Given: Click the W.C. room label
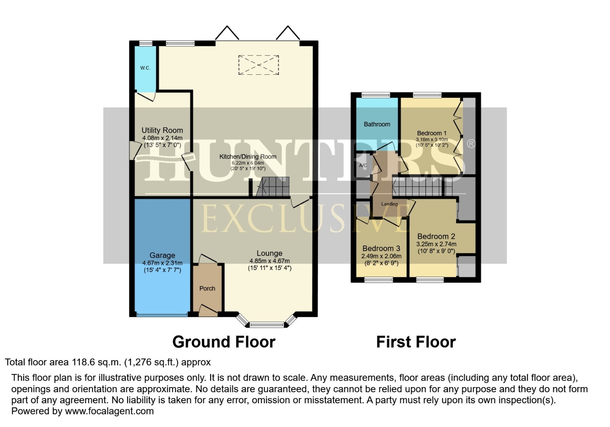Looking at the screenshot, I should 145,68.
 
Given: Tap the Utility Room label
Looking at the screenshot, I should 162,130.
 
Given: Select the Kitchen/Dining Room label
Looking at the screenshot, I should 248,157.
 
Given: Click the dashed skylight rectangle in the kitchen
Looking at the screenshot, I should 258,65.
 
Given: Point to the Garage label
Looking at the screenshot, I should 162,255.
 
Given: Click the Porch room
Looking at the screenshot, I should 207,289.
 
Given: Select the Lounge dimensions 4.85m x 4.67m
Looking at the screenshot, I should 269,261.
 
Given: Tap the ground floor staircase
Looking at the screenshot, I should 273,187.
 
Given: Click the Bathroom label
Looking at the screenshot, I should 377,124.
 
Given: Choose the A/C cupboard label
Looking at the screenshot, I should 363,166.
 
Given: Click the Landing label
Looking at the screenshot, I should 389,204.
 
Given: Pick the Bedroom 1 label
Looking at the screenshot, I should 432,133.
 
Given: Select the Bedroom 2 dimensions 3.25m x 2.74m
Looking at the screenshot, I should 436,244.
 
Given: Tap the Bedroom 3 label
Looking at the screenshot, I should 381,248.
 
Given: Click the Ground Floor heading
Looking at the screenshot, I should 224,342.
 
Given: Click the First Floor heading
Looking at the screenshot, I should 416,342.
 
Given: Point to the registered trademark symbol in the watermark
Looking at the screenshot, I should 470,144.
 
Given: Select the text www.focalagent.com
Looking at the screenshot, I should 109,411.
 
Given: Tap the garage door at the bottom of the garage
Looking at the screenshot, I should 162,315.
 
